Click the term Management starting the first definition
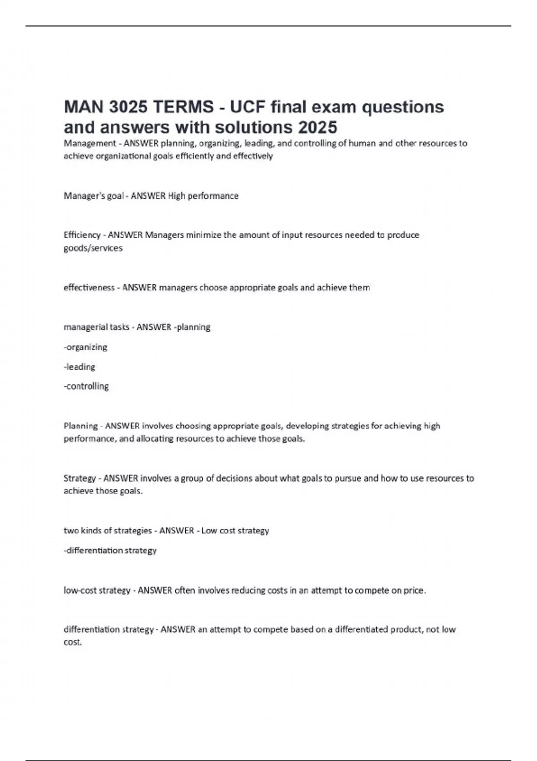coord(89,143)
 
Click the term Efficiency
coord(82,235)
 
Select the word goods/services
coord(93,248)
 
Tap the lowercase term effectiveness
coord(89,287)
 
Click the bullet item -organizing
coord(85,347)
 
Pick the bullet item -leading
coord(80,367)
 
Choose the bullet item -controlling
coord(86,386)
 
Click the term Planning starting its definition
coord(81,426)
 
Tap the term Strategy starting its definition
coord(80,478)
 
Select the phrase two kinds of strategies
coord(108,530)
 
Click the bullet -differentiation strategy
coord(110,550)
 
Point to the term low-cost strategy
coord(97,590)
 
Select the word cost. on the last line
coord(72,642)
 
